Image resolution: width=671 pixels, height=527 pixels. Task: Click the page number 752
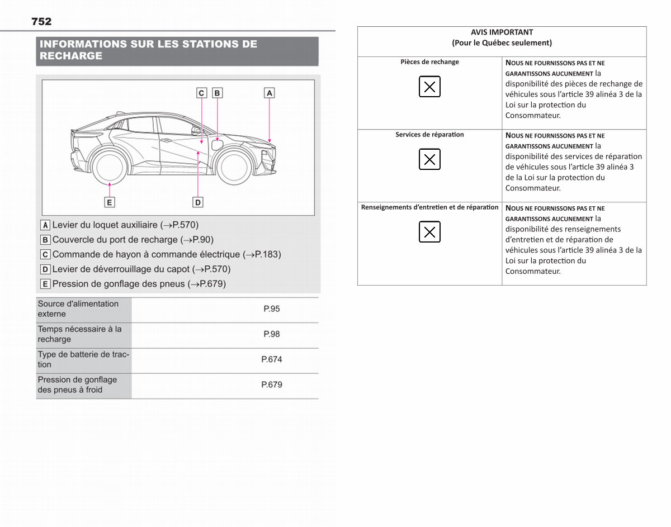click(x=41, y=21)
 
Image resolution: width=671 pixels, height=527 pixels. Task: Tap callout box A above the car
click(x=270, y=93)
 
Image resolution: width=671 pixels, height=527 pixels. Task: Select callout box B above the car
click(x=217, y=93)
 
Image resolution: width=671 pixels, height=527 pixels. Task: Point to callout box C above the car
click(x=202, y=93)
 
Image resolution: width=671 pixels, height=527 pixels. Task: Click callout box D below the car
click(x=198, y=202)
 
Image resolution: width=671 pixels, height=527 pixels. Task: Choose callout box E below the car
click(x=110, y=202)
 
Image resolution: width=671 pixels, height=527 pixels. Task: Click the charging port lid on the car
click(x=218, y=145)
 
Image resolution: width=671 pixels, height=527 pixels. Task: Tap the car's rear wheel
click(x=110, y=167)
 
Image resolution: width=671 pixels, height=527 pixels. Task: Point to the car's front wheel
click(x=234, y=167)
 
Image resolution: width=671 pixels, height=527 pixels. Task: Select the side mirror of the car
click(x=196, y=131)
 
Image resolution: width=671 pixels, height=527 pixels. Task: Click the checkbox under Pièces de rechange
click(x=429, y=87)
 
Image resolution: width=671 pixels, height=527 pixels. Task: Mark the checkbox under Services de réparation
click(x=429, y=159)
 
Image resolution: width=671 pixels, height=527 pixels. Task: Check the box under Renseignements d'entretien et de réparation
click(x=429, y=232)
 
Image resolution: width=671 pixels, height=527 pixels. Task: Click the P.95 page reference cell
click(x=272, y=309)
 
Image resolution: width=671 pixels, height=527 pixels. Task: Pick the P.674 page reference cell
click(x=272, y=359)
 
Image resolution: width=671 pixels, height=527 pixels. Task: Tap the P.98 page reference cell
click(x=272, y=334)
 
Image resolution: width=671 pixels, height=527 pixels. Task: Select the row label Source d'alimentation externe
click(x=78, y=309)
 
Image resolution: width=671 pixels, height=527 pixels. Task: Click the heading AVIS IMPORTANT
click(x=502, y=32)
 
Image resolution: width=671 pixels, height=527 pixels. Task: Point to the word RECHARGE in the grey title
click(x=71, y=56)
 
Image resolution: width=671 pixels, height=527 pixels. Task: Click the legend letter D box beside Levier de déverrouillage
click(x=45, y=269)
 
